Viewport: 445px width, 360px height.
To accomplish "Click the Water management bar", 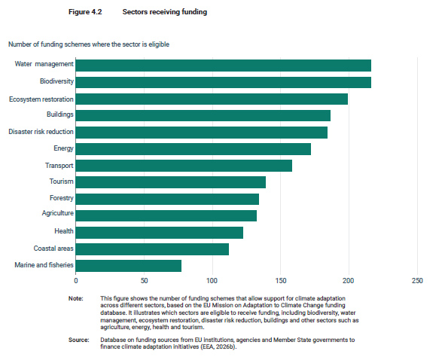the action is point(224,66).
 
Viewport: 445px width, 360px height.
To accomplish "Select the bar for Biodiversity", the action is point(224,82).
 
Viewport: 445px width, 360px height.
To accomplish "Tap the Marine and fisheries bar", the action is point(129,266).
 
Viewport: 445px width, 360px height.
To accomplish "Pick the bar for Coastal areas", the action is point(152,249).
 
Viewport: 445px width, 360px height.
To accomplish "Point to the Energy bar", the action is point(194,149).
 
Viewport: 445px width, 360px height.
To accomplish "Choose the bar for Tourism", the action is point(171,182).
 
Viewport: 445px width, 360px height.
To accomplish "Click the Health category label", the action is point(64,231).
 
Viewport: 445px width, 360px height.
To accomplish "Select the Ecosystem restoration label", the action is point(41,99).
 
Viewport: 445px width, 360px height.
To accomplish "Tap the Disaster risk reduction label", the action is point(41,132).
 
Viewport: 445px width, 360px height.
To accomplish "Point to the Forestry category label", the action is point(61,198).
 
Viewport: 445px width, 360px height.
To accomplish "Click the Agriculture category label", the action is point(58,213).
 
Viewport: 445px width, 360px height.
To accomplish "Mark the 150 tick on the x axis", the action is point(281,281).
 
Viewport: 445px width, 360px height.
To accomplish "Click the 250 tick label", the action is point(417,281).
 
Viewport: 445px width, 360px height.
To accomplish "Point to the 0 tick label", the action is point(76,281).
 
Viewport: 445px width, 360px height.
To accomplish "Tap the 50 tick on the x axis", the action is point(144,281).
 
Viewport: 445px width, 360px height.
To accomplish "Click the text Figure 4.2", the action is point(85,12).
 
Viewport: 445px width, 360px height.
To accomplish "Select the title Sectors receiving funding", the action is point(165,12).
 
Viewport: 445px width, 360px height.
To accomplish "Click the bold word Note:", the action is point(76,298).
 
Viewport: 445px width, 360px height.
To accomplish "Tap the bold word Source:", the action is point(78,340).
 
